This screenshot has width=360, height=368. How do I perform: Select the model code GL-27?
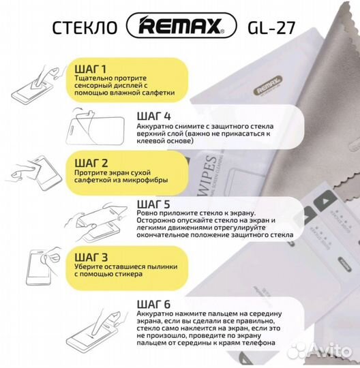pyautogui.click(x=271, y=29)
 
